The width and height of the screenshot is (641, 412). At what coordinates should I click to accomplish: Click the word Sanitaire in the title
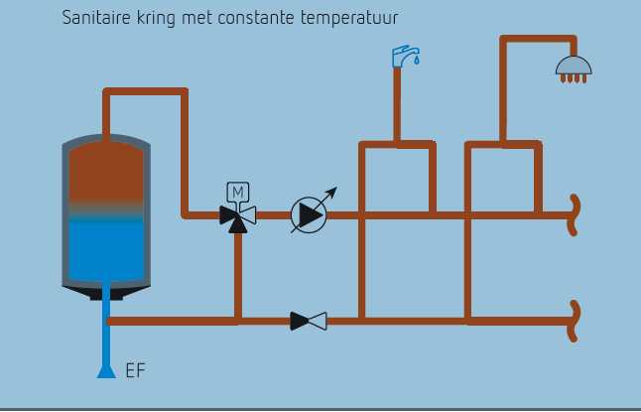[x=94, y=19]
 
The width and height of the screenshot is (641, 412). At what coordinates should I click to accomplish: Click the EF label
[x=135, y=372]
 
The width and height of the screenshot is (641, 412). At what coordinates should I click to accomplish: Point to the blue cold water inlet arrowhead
[x=106, y=370]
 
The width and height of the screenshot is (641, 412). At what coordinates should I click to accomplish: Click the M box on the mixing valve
[x=238, y=191]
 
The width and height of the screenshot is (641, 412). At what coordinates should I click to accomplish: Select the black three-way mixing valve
[x=238, y=215]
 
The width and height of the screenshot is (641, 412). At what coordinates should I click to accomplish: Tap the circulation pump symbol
[x=308, y=214]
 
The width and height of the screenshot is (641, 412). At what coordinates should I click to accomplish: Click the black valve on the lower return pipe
[x=309, y=321]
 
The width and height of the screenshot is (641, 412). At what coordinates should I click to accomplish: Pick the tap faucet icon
[x=403, y=54]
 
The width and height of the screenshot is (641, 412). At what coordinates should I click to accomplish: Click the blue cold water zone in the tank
[x=106, y=248]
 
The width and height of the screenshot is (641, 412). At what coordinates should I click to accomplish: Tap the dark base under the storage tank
[x=106, y=293]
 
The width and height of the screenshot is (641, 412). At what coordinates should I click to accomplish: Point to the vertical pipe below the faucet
[x=397, y=104]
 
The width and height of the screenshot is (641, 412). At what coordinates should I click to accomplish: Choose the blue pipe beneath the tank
[x=106, y=338]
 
